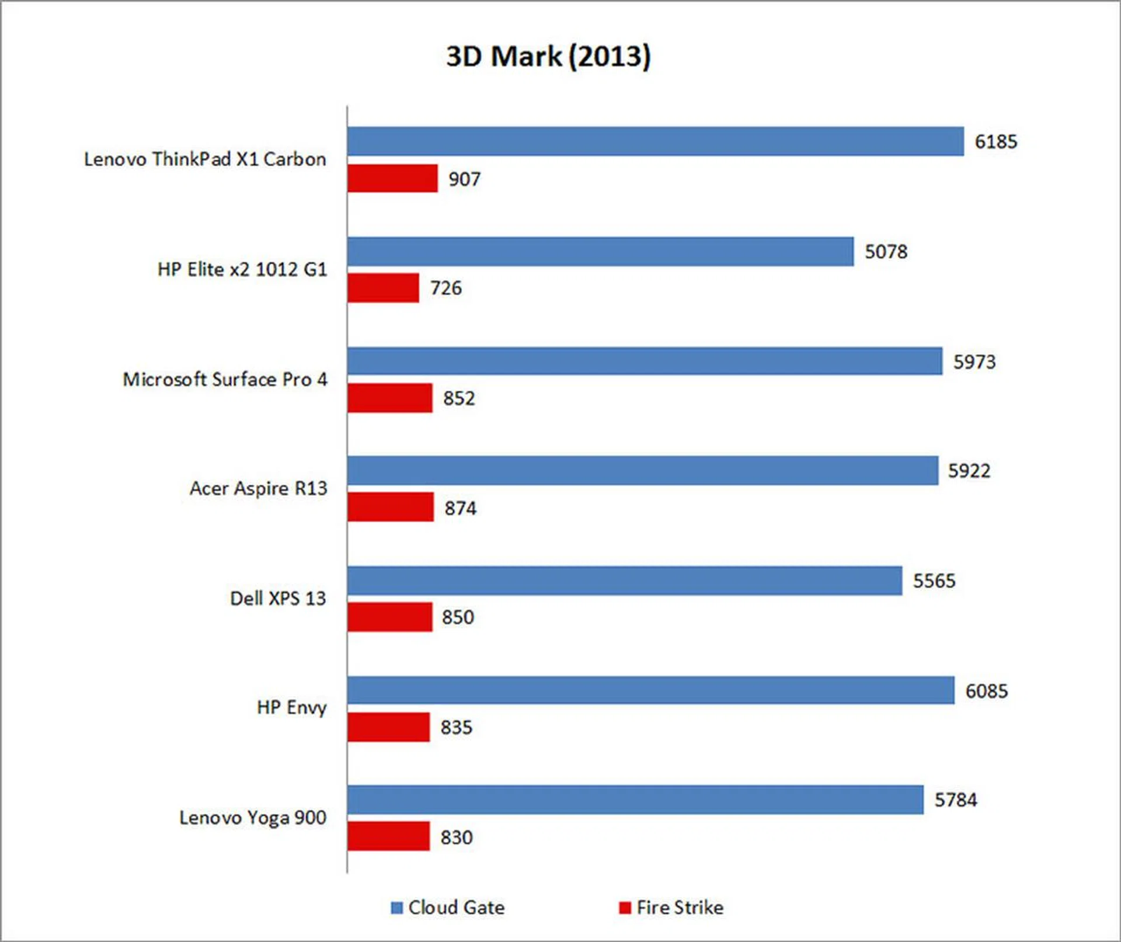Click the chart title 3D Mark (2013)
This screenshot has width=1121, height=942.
(x=548, y=57)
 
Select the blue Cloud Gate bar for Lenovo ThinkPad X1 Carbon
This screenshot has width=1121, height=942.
(x=655, y=141)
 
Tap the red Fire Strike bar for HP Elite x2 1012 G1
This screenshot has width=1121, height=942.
(x=383, y=288)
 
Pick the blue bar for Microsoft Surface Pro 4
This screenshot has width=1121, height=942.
(x=645, y=361)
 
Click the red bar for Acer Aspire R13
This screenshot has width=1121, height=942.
(x=391, y=507)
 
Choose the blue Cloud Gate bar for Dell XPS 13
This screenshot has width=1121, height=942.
(x=624, y=581)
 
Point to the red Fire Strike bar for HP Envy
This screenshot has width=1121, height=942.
(x=388, y=727)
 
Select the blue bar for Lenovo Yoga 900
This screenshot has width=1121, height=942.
(x=635, y=800)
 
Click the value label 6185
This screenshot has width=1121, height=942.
(x=995, y=142)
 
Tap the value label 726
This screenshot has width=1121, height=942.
(x=446, y=288)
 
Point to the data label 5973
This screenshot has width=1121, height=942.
(x=974, y=362)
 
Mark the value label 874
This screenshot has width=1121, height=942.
(x=460, y=508)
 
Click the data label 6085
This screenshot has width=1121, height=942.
(x=986, y=691)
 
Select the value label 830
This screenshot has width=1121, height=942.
(x=456, y=837)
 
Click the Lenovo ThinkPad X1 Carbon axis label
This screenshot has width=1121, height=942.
(x=205, y=159)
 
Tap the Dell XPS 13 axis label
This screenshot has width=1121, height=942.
(x=278, y=598)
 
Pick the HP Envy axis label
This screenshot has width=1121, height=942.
(x=291, y=707)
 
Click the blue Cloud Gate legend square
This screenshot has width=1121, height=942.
(x=397, y=908)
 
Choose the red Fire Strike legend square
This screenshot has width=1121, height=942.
(x=625, y=908)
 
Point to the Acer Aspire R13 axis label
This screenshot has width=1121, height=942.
(x=258, y=488)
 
